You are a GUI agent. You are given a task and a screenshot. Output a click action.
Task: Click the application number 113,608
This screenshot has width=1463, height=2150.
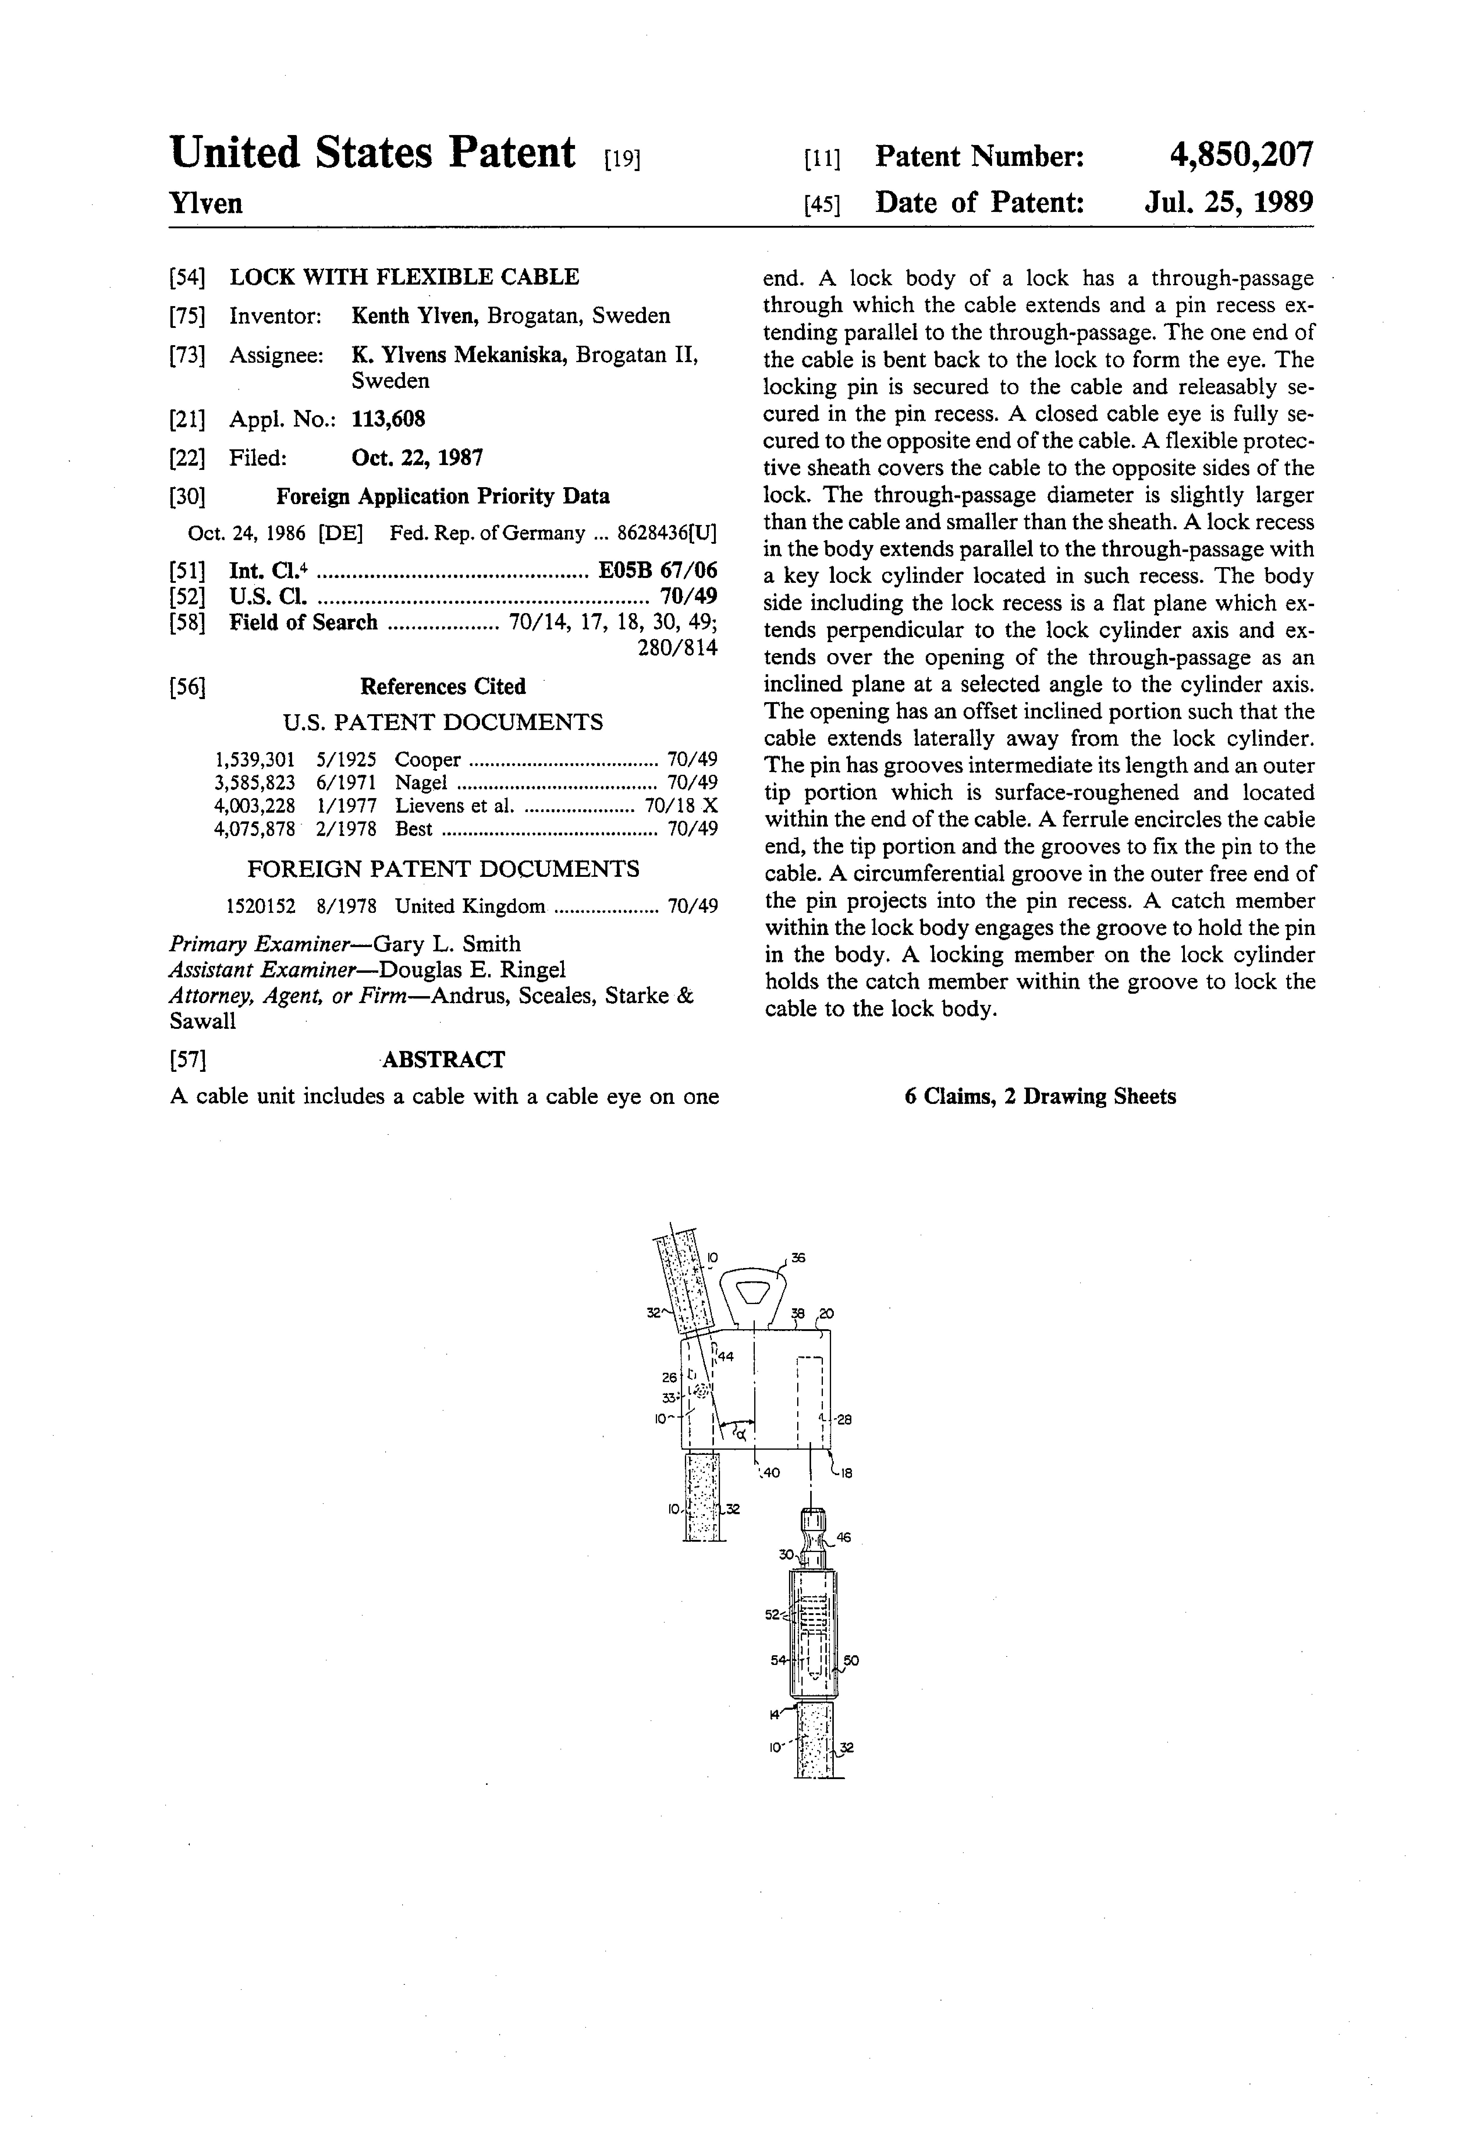(x=388, y=419)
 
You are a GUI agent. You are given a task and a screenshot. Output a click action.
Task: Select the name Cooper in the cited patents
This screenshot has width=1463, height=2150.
(x=427, y=760)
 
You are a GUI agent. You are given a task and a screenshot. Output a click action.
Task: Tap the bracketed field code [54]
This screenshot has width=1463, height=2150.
(x=187, y=278)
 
